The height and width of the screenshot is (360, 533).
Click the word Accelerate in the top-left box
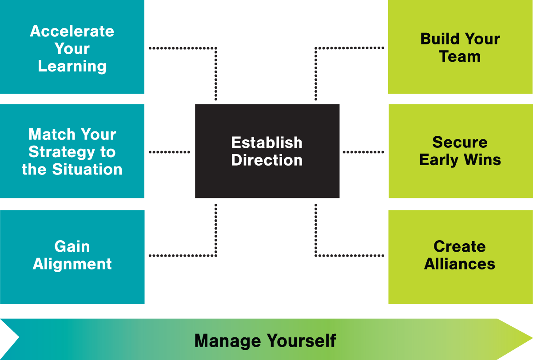(x=72, y=32)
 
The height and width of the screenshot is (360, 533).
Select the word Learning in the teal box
(x=72, y=67)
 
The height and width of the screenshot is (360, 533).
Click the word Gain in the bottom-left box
(x=72, y=246)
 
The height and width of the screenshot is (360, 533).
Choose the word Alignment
(x=72, y=264)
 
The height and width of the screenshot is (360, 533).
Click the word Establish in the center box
(x=267, y=143)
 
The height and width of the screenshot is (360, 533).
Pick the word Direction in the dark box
(x=267, y=160)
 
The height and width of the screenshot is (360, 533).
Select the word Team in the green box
(x=460, y=57)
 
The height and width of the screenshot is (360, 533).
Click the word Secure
(x=460, y=142)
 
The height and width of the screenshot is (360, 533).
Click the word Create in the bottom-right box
(x=460, y=246)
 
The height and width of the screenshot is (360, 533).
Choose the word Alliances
(x=460, y=264)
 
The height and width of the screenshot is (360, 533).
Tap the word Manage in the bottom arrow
(x=227, y=341)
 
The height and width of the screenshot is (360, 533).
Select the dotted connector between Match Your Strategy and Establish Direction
(x=169, y=152)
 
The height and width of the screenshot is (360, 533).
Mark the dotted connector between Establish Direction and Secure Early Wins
(x=363, y=152)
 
